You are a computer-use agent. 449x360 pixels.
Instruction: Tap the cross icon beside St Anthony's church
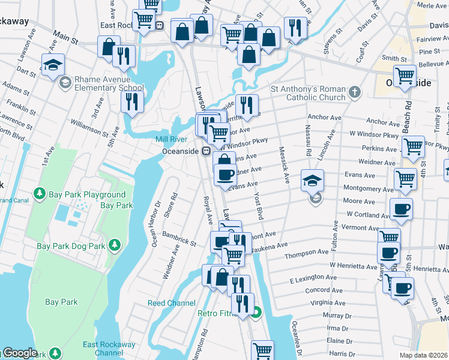355,92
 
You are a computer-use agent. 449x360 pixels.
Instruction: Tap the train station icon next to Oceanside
205,152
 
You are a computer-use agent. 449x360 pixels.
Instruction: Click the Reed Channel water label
172,303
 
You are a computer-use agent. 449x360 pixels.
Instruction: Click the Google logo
19,353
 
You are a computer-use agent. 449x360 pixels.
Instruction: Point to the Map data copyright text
423,355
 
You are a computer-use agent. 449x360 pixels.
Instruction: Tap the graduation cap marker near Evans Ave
313,179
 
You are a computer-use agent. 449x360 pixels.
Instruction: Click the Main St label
65,41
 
